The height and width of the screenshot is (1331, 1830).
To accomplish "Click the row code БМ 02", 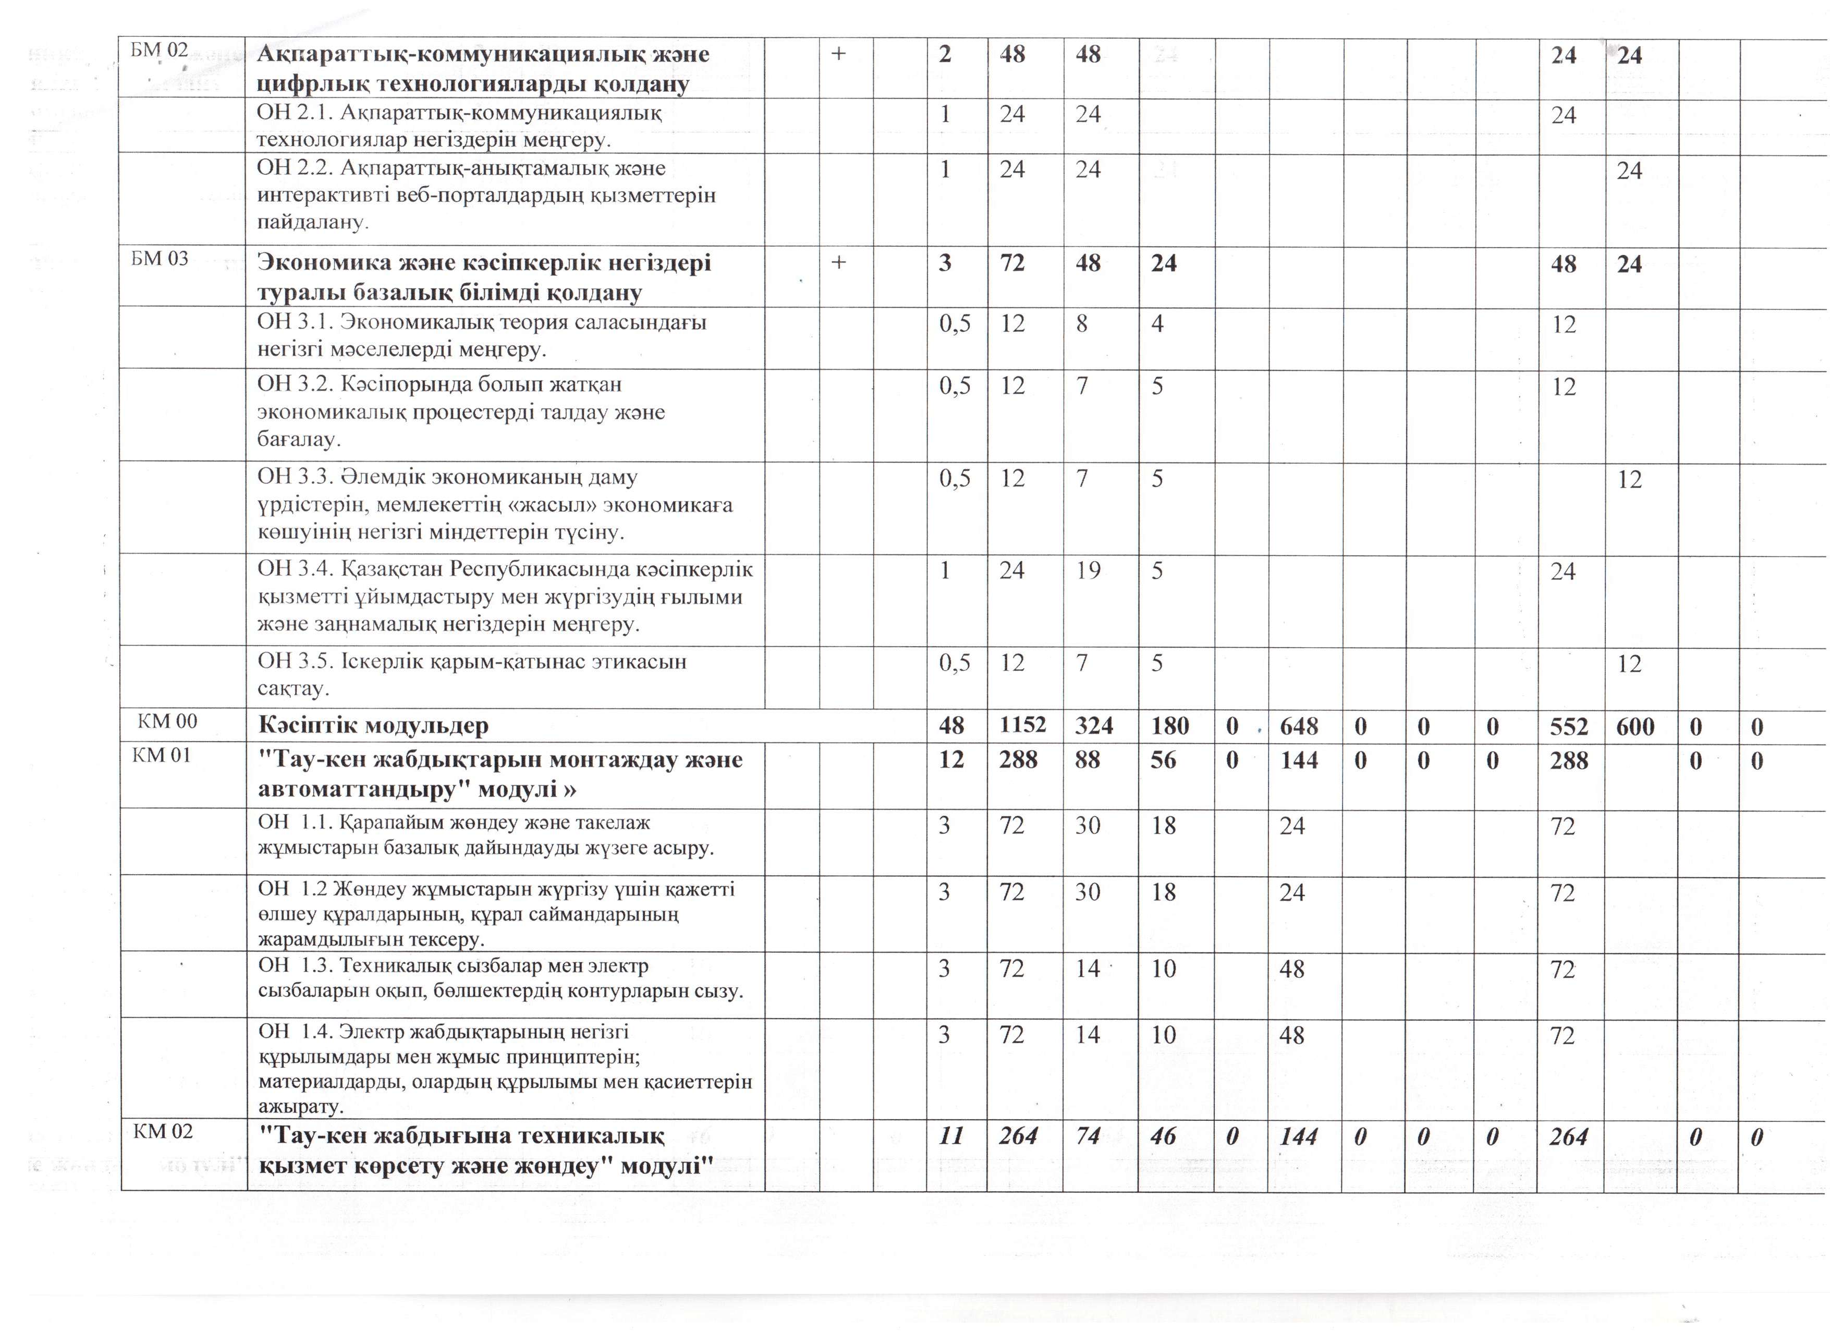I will point(159,50).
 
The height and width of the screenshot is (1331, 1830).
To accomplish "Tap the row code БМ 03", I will point(160,258).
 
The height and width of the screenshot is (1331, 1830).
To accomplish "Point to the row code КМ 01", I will point(162,756).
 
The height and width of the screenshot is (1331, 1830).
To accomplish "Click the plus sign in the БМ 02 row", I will point(838,53).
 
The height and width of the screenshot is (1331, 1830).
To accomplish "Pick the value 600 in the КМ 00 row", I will point(1634,727).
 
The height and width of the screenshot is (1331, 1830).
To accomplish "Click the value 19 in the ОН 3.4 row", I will point(1088,571).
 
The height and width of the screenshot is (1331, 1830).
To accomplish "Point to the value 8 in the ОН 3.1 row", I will point(1081,324).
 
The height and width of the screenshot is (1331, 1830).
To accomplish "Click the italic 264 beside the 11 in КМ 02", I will point(1018,1136).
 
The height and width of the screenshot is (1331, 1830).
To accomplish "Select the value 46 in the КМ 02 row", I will point(1163,1136).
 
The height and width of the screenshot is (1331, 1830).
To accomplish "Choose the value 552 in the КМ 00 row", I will point(1568,727).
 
